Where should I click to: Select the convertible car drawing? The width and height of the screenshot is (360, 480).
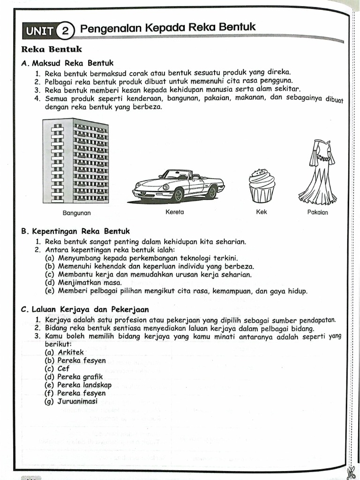(178, 186)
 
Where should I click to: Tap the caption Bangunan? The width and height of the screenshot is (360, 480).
(76, 213)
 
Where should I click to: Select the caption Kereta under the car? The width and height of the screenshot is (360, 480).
(174, 212)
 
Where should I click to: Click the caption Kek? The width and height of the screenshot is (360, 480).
(262, 212)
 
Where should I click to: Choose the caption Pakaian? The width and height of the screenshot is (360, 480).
(317, 212)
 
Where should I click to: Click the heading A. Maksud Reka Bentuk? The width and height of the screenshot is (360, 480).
(67, 63)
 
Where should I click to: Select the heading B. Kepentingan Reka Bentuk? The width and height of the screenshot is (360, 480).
(75, 231)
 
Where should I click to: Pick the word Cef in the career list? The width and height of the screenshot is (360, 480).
(63, 368)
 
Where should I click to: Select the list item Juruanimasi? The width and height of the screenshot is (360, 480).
(77, 402)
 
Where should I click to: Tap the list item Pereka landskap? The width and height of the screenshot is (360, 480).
(84, 385)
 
